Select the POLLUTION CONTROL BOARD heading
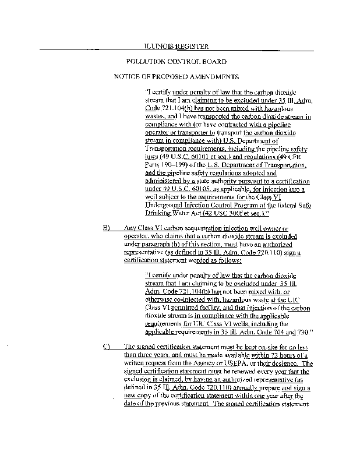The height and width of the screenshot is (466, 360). pos(176,61)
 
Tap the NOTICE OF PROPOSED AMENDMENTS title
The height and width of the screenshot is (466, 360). pos(176,76)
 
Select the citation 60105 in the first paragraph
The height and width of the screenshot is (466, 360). pos(211,189)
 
